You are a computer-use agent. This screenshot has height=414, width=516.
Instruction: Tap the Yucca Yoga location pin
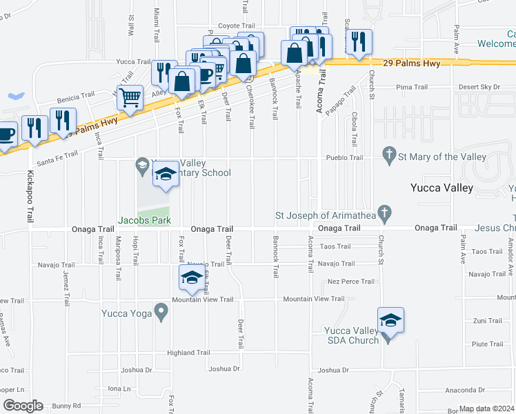pyautogui.click(x=161, y=313)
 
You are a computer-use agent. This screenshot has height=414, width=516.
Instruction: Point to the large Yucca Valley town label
pyautogui.click(x=441, y=188)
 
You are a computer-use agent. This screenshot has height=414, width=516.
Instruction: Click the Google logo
pyautogui.click(x=23, y=406)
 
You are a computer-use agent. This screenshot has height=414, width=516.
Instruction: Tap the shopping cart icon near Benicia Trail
pyautogui.click(x=130, y=98)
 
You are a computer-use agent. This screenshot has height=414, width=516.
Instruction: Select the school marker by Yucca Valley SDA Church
pyautogui.click(x=390, y=322)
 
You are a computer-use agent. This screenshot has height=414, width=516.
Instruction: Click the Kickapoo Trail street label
pyautogui.click(x=31, y=196)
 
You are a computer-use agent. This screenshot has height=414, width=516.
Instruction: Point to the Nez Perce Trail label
pyautogui.click(x=351, y=282)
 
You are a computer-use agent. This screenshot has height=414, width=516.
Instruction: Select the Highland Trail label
pyautogui.click(x=188, y=353)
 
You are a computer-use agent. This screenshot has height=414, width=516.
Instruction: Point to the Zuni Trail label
pyautogui.click(x=488, y=321)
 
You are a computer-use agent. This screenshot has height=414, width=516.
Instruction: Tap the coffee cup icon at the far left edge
pyautogui.click(x=6, y=134)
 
